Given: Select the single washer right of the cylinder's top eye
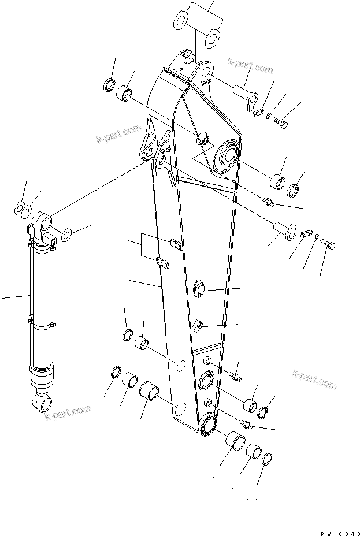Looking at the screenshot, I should tap(66, 233).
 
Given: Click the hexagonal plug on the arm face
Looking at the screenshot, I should tap(198, 287).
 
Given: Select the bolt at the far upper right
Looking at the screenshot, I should tap(282, 123).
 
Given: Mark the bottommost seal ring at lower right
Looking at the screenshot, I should tap(267, 460).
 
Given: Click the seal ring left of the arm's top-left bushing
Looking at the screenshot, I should tap(108, 86).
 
